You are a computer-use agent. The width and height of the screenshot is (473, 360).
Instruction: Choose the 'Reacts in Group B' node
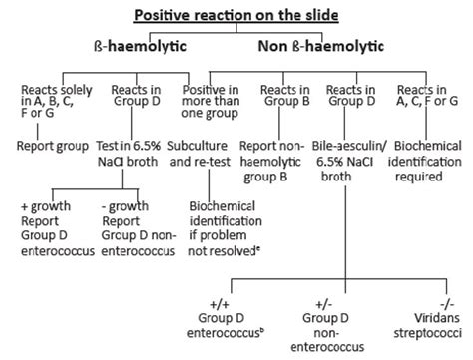288,96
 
